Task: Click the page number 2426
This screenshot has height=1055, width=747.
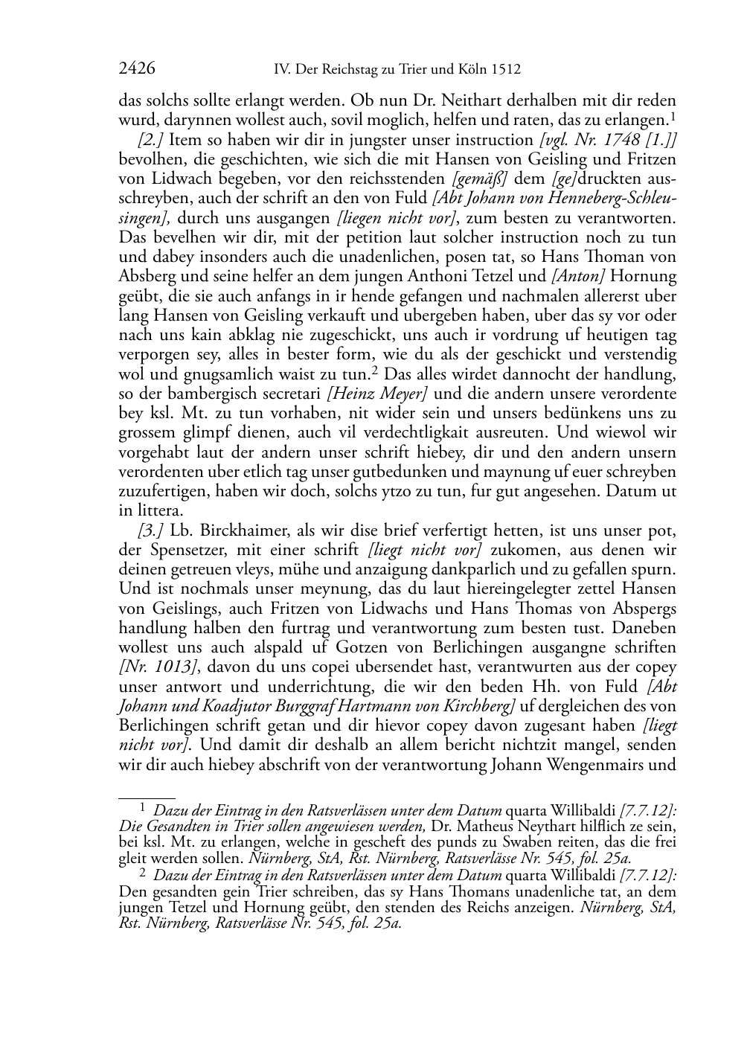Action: (x=136, y=69)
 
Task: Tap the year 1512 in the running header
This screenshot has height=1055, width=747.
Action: (x=505, y=70)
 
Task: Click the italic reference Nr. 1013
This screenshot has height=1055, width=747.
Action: (x=156, y=667)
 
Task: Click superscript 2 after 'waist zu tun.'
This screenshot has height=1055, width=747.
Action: (x=375, y=370)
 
